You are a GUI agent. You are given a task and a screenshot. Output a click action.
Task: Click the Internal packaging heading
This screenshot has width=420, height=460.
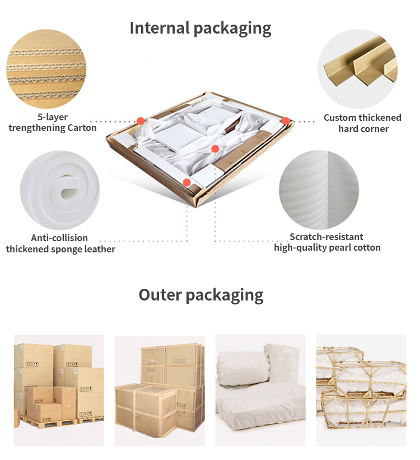200,29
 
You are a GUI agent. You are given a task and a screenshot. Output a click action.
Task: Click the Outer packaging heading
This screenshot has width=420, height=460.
201,295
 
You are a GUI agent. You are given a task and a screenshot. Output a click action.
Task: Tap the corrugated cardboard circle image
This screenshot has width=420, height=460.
46,69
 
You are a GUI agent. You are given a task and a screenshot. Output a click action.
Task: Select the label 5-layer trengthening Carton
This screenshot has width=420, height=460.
53,123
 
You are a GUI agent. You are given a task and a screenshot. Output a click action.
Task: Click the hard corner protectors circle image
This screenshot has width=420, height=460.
358,69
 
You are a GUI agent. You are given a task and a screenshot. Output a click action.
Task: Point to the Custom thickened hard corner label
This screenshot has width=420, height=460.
363,123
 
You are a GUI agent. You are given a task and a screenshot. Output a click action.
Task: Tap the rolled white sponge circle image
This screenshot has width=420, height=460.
60,190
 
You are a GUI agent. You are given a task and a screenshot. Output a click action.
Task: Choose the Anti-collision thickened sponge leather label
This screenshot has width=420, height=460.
60,243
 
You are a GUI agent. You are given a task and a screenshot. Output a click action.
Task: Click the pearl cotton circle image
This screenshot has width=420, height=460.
319,190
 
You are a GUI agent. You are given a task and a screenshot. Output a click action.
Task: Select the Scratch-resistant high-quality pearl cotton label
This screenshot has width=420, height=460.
327,242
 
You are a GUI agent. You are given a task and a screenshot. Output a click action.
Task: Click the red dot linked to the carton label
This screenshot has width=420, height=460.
141,121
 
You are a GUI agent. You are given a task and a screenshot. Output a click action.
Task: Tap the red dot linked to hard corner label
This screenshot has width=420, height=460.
286,121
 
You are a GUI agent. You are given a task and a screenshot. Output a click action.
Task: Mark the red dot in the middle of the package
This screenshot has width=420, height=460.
215,149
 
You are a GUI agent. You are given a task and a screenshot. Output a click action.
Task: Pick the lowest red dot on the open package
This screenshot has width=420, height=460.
186,182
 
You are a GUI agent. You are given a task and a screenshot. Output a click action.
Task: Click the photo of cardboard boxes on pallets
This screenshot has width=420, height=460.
59,391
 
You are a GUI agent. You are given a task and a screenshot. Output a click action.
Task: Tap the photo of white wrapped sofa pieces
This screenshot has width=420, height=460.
260,390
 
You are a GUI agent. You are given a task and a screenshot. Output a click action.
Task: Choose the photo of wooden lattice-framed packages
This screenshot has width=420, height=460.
361,390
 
